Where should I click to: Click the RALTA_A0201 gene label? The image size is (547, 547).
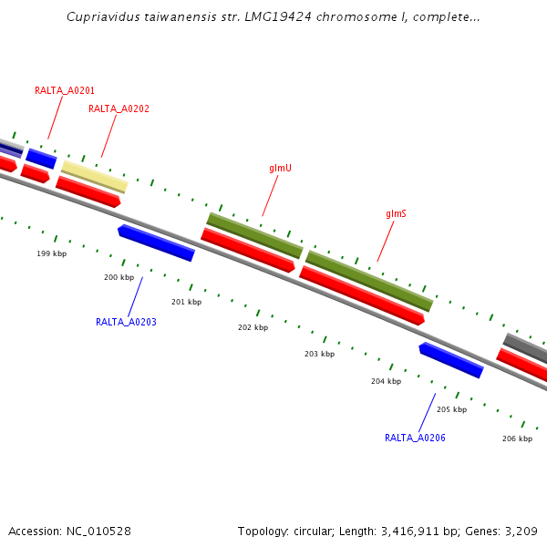[x=65, y=90]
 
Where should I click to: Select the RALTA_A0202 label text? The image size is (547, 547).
[x=119, y=108]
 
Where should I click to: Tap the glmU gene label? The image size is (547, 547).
[x=280, y=169]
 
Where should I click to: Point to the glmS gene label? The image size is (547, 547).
[x=396, y=213]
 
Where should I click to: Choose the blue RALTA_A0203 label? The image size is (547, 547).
[x=126, y=322]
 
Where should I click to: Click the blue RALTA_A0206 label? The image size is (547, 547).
[x=415, y=438]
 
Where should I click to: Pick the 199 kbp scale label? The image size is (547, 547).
[x=51, y=253]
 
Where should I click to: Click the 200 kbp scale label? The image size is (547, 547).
[x=119, y=277]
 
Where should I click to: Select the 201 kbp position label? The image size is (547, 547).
[x=186, y=302]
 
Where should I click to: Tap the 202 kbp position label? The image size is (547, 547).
[x=253, y=327]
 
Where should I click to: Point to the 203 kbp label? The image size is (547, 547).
[x=319, y=354]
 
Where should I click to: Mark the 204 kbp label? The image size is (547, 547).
[x=386, y=381]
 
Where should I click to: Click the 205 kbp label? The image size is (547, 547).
[x=451, y=409]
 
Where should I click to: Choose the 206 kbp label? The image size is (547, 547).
[x=517, y=439]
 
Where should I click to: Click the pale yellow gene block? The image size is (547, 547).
[x=94, y=176]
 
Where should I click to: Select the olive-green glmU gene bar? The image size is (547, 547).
[x=254, y=235]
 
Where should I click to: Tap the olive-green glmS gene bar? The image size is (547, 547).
[x=369, y=281]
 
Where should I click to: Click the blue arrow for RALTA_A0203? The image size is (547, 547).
[x=156, y=243]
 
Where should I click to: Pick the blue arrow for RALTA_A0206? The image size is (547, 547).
[x=450, y=359]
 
